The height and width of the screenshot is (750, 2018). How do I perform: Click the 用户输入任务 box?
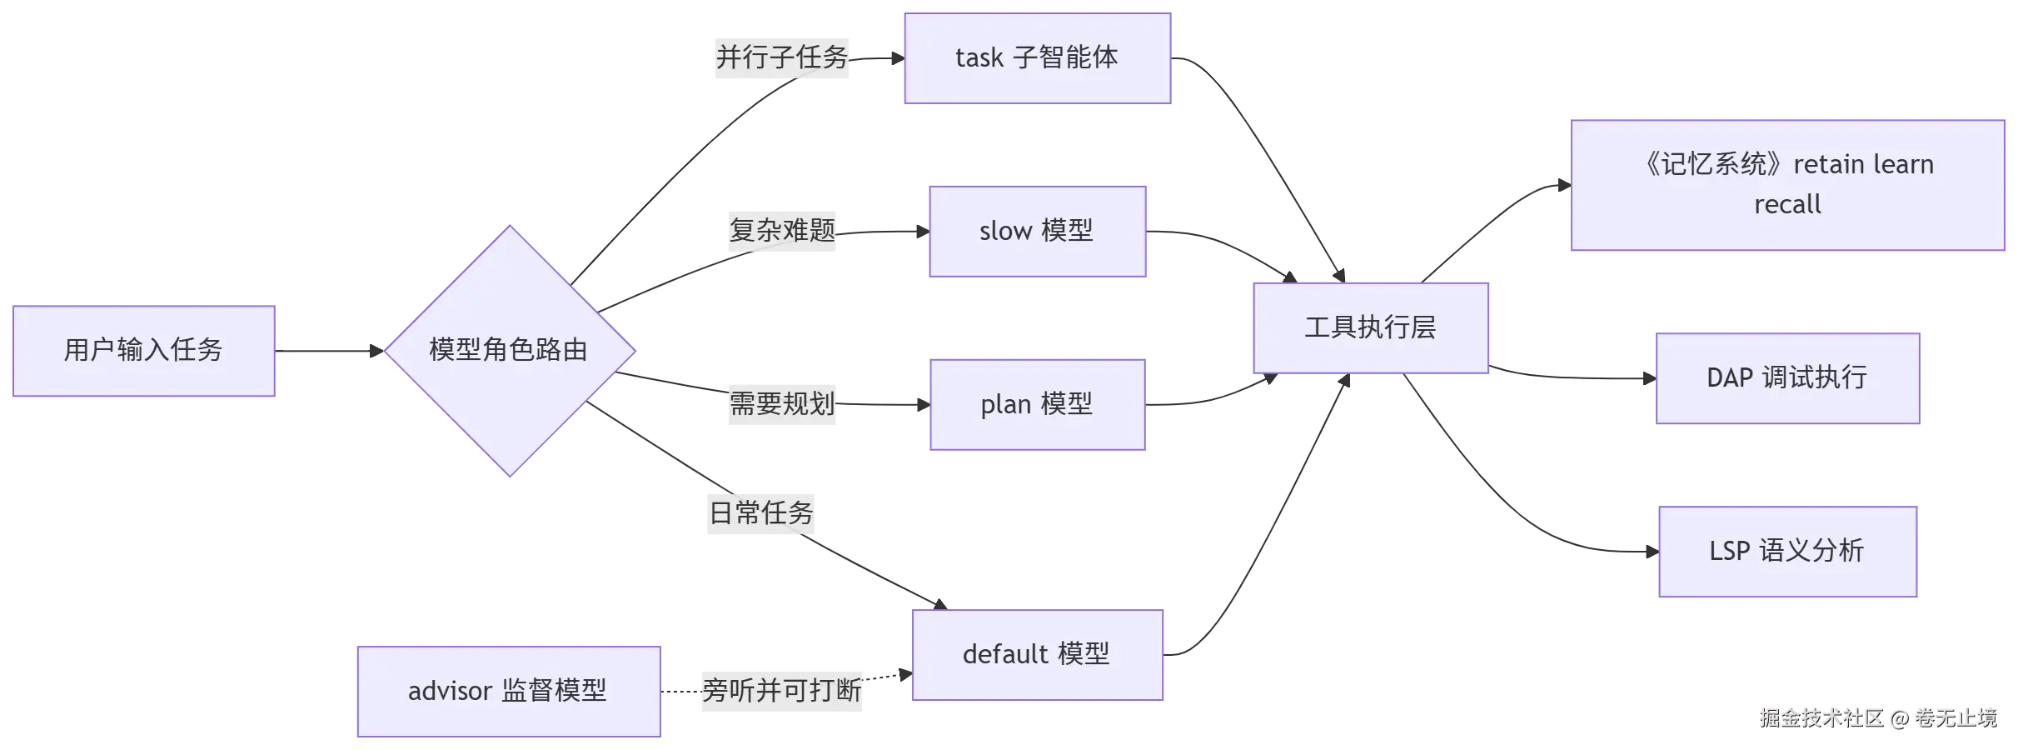(x=144, y=351)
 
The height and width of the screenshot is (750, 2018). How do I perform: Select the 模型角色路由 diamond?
(x=510, y=351)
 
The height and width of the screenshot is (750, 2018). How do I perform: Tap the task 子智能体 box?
(x=1038, y=58)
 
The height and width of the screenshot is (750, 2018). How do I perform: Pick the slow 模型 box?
(x=1038, y=232)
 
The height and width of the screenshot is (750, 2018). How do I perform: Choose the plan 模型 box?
(x=1038, y=405)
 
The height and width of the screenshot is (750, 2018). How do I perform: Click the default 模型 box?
(x=1038, y=655)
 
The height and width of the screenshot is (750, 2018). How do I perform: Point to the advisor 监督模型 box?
(x=509, y=692)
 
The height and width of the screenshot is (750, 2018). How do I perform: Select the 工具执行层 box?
(x=1371, y=328)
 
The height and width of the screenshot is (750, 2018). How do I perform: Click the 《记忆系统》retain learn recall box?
(x=1788, y=185)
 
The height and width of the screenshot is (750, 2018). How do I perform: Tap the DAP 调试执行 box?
(x=1788, y=378)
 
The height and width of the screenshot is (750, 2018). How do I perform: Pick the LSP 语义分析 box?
(x=1788, y=552)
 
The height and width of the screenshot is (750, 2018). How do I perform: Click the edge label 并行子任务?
(x=782, y=57)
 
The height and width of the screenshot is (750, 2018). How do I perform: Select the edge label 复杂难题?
(x=782, y=231)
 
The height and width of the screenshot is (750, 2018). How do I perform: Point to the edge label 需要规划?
(x=782, y=404)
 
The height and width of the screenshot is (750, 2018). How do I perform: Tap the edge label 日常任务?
(x=761, y=513)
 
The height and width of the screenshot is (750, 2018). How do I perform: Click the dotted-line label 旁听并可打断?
(x=782, y=691)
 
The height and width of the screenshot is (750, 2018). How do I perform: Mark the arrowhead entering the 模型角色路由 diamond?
(x=377, y=351)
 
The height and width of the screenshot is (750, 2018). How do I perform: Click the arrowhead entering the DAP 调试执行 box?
(x=1650, y=378)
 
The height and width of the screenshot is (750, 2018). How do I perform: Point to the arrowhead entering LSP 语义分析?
(x=1653, y=552)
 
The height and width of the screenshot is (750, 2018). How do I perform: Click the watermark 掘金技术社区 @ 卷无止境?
(x=1878, y=718)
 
